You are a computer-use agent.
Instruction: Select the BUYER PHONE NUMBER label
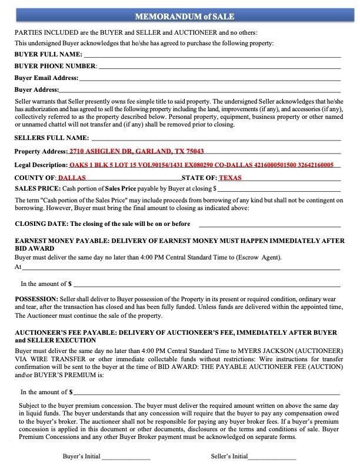tap(55, 66)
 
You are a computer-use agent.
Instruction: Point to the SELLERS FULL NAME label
tap(51, 138)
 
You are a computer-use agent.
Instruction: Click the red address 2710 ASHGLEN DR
tap(136, 151)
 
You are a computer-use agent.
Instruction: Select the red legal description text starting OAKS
tap(201, 165)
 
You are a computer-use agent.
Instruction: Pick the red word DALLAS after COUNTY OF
tap(72, 178)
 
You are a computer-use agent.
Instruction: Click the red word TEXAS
tap(230, 178)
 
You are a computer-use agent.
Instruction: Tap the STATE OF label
tap(199, 178)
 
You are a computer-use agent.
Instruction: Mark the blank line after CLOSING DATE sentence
tap(269, 225)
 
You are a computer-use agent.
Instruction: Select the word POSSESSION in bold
tap(36, 299)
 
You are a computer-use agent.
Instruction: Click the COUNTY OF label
tap(35, 178)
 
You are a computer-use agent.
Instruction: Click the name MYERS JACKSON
tap(268, 351)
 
